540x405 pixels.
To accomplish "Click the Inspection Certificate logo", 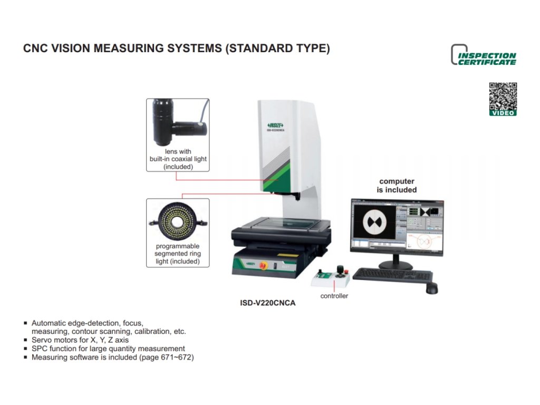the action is [484, 55].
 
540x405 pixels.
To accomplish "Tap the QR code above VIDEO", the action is [503, 96].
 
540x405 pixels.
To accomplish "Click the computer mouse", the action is [431, 288].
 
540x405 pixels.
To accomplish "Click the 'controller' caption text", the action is [334, 296].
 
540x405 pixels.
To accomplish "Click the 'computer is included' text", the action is [397, 186].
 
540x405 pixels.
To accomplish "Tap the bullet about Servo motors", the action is [80, 340].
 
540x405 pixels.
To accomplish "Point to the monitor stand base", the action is [396, 265].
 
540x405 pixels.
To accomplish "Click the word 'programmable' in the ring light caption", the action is [178, 246].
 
